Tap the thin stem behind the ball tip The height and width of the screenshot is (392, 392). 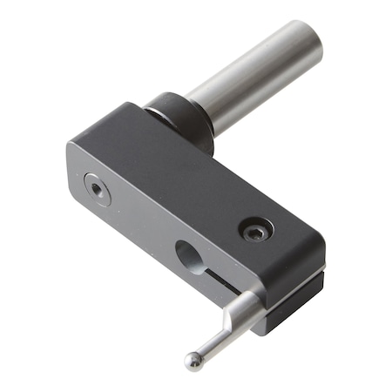210,345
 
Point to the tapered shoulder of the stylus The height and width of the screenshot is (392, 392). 224,330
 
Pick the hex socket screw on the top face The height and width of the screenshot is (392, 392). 256,230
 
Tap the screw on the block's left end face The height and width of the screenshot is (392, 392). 96,187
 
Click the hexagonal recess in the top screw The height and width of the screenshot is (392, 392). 256,230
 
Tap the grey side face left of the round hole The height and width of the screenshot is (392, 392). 139,226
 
